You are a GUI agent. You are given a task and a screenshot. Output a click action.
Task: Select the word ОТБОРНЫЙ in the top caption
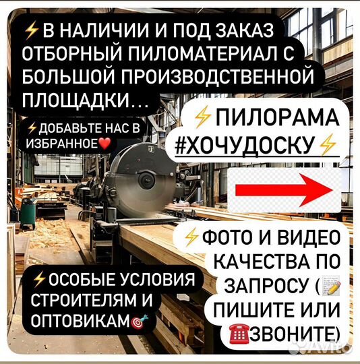click(x=84, y=53)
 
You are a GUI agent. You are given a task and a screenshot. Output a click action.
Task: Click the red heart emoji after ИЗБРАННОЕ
click(x=104, y=144)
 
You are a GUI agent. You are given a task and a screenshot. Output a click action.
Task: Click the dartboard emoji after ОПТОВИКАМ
click(x=140, y=320)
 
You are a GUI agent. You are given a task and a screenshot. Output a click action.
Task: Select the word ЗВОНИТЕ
click(x=303, y=333)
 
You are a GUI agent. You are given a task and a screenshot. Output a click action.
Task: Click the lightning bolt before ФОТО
click(x=191, y=237)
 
